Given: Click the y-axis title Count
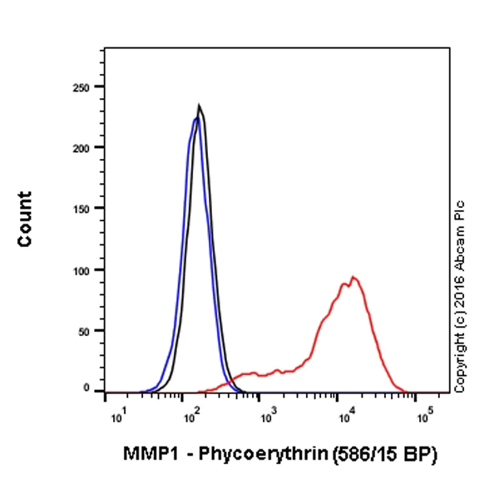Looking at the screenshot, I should point(25,219).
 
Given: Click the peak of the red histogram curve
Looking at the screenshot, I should point(353,277).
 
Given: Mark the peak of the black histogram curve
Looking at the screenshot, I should point(199,106).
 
